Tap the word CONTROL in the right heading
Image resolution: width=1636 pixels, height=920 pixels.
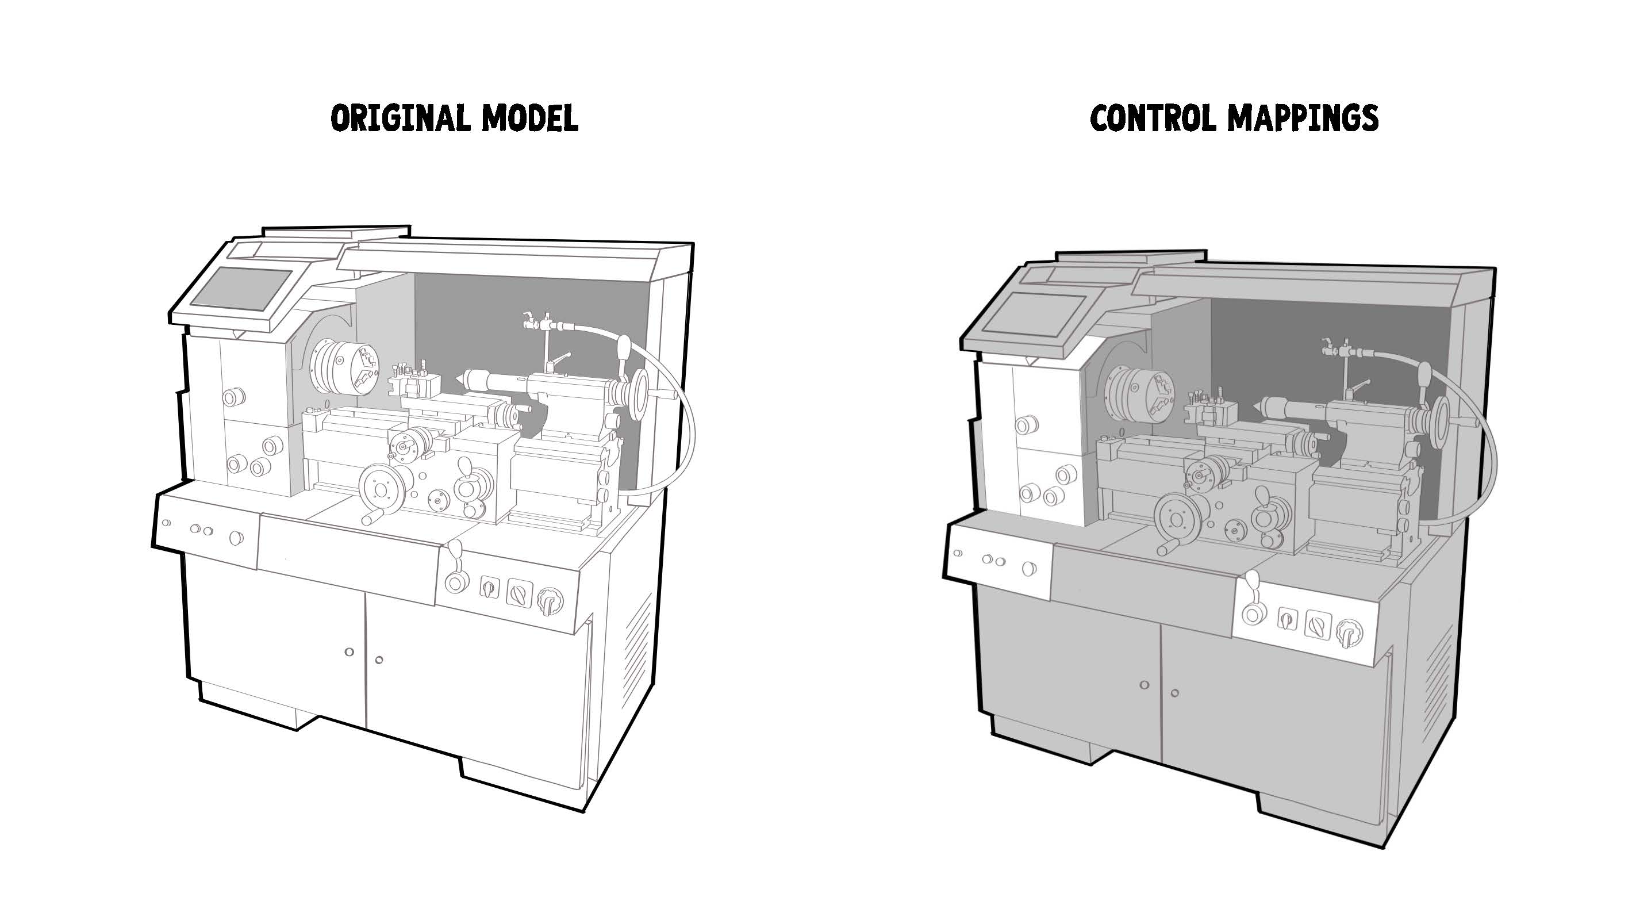pos(1153,118)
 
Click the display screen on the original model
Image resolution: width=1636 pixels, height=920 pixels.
pos(241,289)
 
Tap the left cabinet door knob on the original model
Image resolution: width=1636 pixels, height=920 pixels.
pos(349,652)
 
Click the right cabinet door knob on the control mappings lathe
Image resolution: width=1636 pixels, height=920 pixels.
pos(1174,692)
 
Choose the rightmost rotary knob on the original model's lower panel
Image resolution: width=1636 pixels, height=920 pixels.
pos(550,600)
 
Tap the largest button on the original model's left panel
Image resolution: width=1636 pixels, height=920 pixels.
pos(236,538)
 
